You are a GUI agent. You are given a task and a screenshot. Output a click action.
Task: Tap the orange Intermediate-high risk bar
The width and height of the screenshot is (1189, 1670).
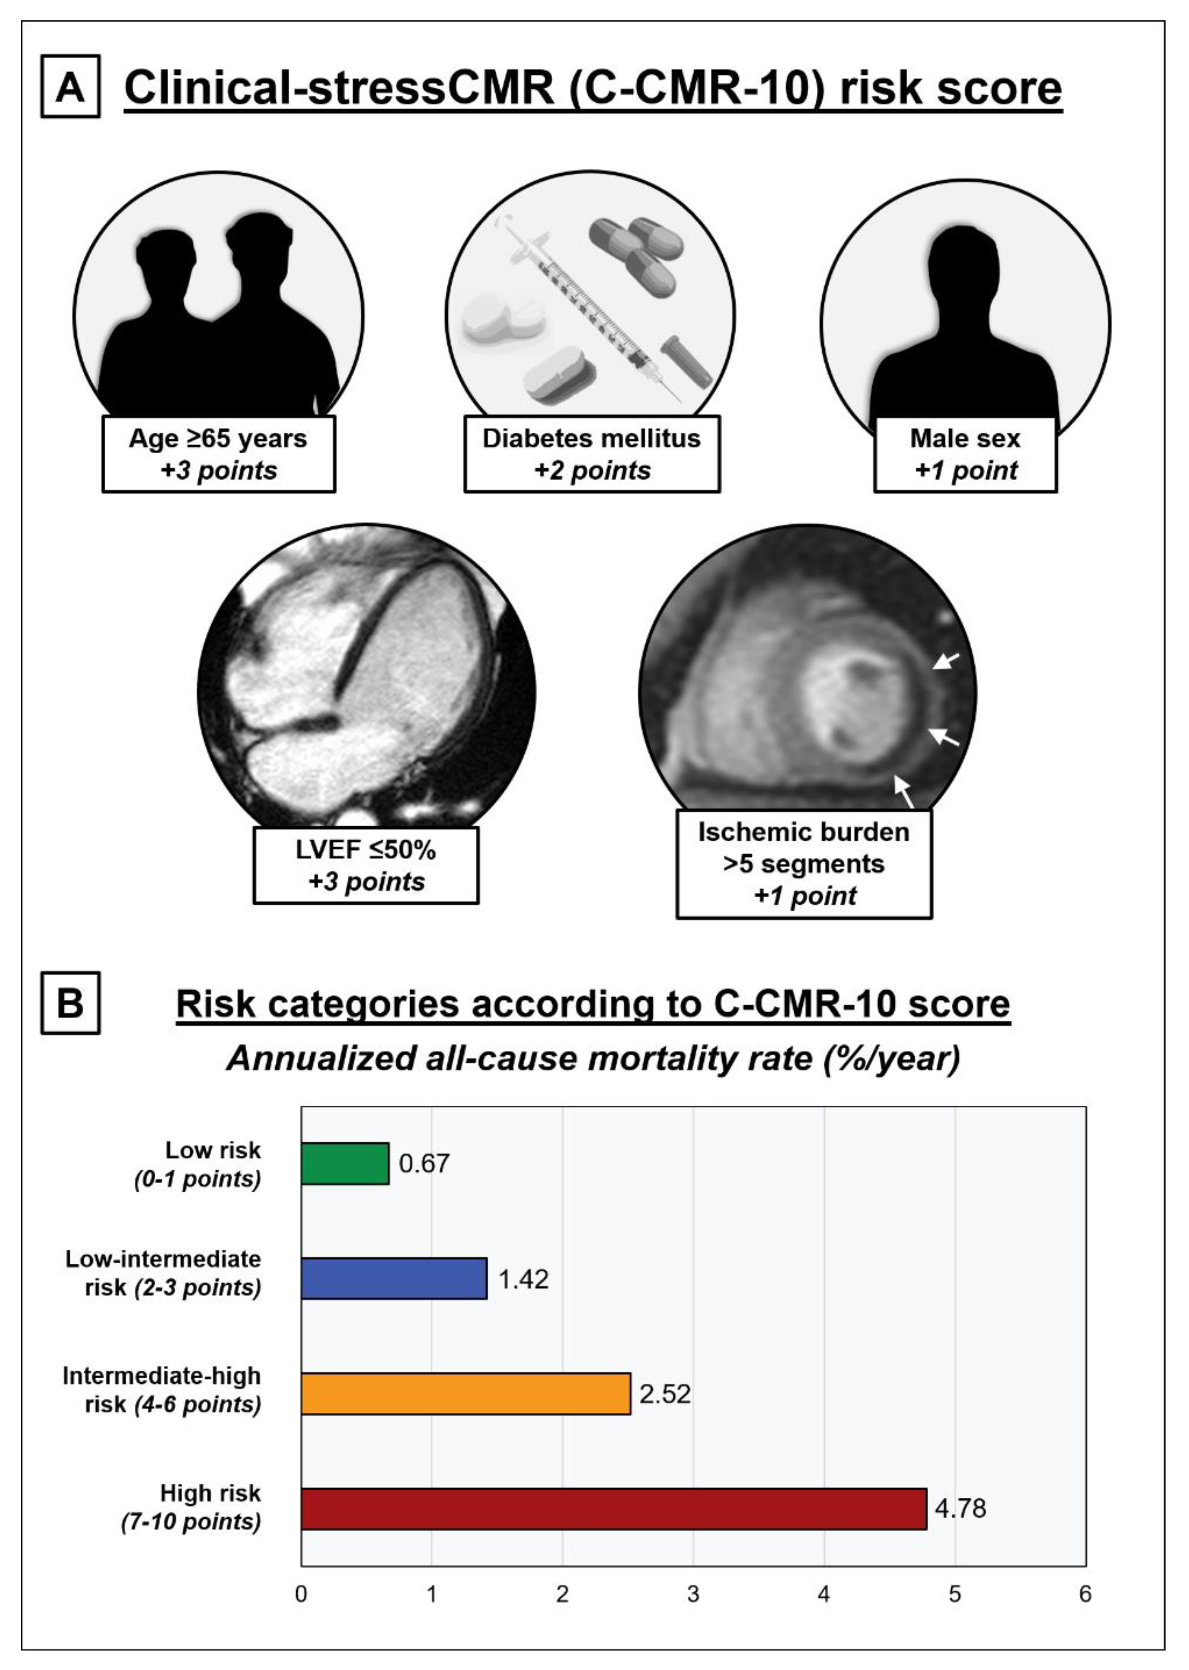pyautogui.click(x=466, y=1393)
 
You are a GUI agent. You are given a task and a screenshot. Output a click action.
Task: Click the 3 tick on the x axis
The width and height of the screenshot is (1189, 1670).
pyautogui.click(x=693, y=1595)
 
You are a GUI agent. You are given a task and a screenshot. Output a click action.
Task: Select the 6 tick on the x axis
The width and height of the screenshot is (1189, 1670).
pyautogui.click(x=1085, y=1595)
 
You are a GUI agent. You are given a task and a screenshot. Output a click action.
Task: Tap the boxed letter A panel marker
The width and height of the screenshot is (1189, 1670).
pyautogui.click(x=70, y=88)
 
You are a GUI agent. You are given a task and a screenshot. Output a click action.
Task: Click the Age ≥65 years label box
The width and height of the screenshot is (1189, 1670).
pyautogui.click(x=218, y=454)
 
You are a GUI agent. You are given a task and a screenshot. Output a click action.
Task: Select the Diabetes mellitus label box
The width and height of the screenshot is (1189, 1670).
pyautogui.click(x=592, y=454)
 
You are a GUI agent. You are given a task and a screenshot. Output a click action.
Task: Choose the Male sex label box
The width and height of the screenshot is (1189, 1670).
pyautogui.click(x=965, y=454)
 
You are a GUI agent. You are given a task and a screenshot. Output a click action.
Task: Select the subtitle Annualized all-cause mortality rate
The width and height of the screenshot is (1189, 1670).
pyautogui.click(x=593, y=1059)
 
